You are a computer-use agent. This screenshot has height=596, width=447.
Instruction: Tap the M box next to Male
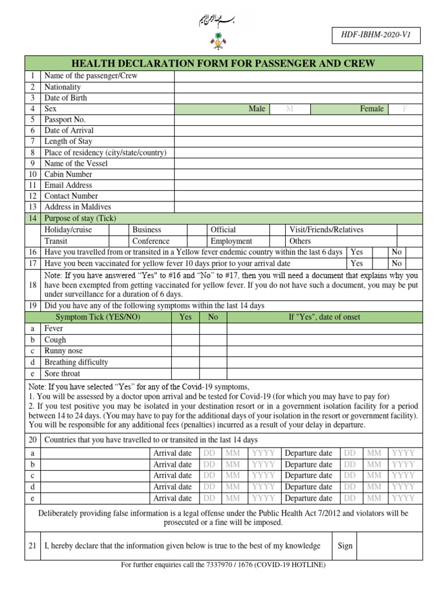(x=289, y=109)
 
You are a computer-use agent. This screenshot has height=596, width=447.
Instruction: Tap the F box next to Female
(x=405, y=109)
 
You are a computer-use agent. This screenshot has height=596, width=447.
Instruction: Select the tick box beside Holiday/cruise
(x=119, y=230)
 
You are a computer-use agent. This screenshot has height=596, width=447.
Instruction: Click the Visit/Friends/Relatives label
(x=326, y=230)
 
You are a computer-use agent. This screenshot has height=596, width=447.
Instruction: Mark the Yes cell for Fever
(x=185, y=329)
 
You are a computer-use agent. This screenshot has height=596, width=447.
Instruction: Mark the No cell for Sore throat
(x=213, y=374)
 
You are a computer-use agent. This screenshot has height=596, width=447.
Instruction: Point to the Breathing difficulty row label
(x=76, y=362)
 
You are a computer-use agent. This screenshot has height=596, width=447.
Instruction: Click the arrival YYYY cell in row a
(x=264, y=453)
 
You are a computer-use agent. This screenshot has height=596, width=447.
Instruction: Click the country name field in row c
(x=94, y=476)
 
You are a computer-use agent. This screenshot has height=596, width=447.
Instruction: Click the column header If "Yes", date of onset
(x=324, y=317)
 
